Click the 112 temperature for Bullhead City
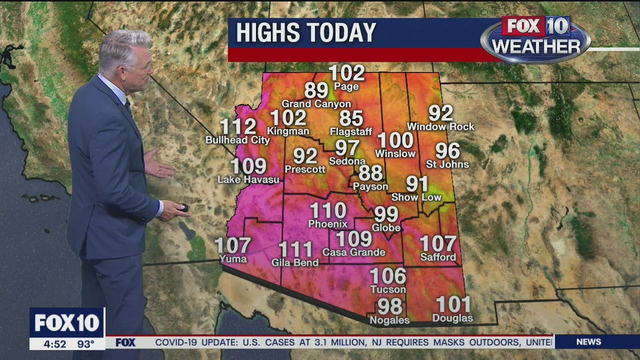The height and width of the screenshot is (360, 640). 238,127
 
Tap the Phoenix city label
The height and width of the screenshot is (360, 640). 327,223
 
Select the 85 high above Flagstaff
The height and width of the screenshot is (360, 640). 351,119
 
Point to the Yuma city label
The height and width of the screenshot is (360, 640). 233,258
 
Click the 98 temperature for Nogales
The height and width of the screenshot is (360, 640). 389,306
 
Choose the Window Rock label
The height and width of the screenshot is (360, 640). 440,127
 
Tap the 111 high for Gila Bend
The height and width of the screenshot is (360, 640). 295,249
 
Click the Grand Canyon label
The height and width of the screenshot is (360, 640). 316,104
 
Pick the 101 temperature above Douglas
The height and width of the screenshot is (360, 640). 453,304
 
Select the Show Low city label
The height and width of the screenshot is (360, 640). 416,197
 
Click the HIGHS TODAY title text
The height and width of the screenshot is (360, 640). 305,33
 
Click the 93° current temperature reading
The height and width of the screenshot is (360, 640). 85,344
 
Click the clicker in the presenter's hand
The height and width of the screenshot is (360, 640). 183,207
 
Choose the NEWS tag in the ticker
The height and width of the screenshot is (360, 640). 588,342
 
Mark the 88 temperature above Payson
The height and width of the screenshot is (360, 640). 370,173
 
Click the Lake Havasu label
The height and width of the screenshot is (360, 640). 248,179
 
